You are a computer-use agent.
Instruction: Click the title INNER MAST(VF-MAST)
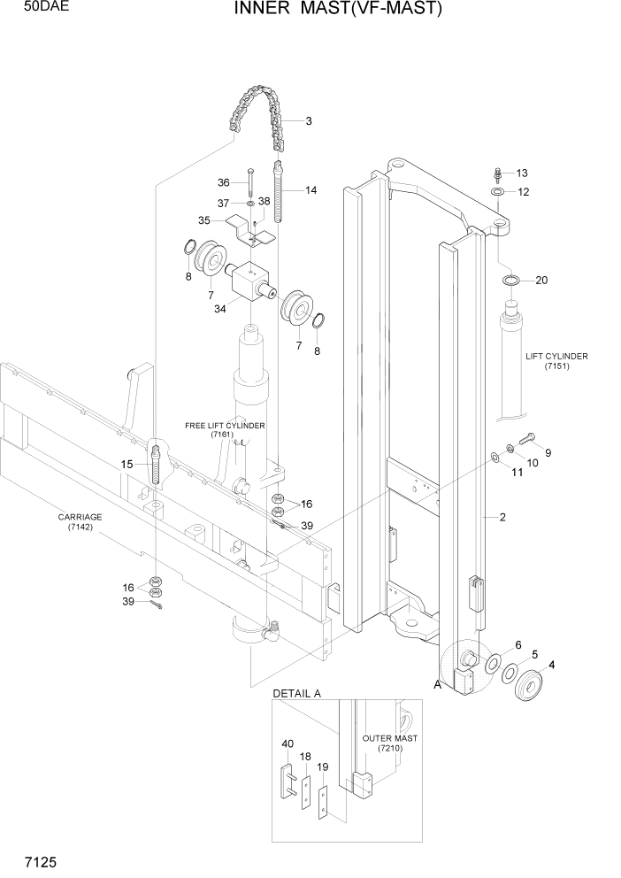tap(337, 10)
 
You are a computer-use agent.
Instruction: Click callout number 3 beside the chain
tap(309, 121)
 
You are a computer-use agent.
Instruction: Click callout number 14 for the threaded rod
tap(311, 190)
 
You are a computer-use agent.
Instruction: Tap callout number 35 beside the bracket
tap(203, 220)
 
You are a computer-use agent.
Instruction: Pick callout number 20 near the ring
tap(541, 281)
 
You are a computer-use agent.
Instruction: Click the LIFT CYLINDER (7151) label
tap(556, 361)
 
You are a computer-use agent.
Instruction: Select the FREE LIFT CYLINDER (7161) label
tap(225, 430)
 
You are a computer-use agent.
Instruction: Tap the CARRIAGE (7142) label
tap(80, 522)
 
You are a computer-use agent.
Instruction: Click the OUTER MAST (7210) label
tap(389, 743)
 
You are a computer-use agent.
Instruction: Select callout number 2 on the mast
tap(502, 519)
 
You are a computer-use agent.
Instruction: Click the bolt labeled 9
tap(528, 436)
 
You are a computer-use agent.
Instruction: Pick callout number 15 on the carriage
tap(127, 464)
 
